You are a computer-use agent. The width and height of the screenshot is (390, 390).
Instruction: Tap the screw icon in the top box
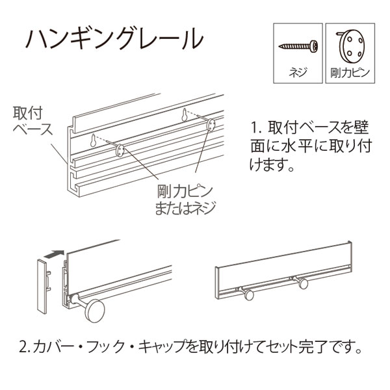pyautogui.click(x=297, y=46)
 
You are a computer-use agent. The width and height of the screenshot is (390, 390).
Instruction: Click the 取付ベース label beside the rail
pyautogui.click(x=32, y=120)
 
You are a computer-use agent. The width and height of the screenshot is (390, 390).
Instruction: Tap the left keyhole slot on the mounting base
pyautogui.click(x=94, y=140)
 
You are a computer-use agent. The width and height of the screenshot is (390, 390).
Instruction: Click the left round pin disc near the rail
pyautogui.click(x=120, y=151)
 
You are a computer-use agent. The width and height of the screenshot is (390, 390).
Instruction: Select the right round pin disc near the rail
pyautogui.click(x=210, y=125)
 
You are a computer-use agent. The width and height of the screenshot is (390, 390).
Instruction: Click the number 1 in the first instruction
pyautogui.click(x=255, y=126)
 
